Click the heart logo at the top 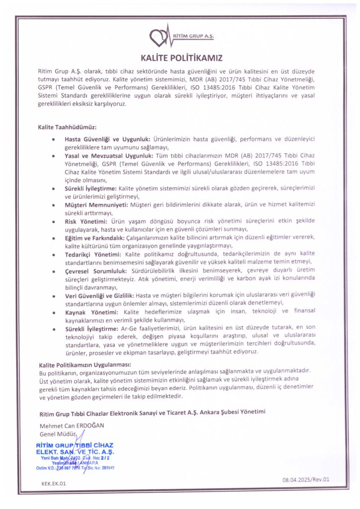(160, 37)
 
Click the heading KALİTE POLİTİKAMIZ (180, 58)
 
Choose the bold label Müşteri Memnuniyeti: (95, 204)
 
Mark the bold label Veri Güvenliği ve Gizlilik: (103, 295)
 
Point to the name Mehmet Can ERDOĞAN (73, 425)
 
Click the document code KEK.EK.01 (53, 483)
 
